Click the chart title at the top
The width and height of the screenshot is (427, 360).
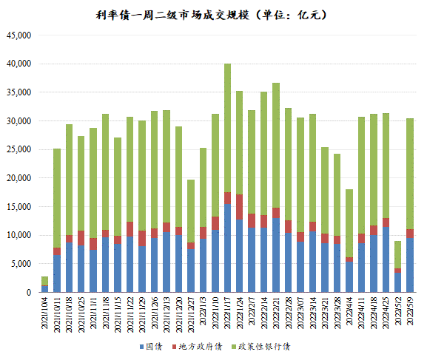pos(212,15)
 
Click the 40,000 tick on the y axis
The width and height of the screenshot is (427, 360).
pos(19,64)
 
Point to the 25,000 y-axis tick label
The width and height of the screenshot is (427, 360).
pos(19,149)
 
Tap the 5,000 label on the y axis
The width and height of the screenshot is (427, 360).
pos(21,264)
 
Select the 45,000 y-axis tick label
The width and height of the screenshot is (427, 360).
pos(19,35)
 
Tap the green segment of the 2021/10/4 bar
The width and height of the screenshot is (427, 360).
pos(45,281)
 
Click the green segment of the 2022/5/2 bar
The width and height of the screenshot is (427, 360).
pos(397,254)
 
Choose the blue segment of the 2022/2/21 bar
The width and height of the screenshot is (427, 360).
pos(276,255)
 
